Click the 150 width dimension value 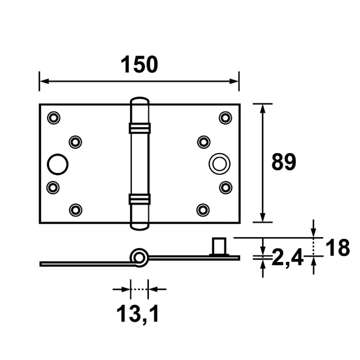(x=139, y=64)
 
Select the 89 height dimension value (x=283, y=162)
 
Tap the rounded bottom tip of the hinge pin (x=139, y=226)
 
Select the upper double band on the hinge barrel (x=139, y=128)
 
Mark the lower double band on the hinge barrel (x=139, y=198)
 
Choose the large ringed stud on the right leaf (x=218, y=163)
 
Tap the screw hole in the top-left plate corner (x=53, y=117)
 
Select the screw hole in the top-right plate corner (x=226, y=117)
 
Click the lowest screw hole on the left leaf (x=75, y=210)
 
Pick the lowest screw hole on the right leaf (x=203, y=210)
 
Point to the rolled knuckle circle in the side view (x=140, y=257)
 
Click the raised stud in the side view (x=218, y=246)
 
